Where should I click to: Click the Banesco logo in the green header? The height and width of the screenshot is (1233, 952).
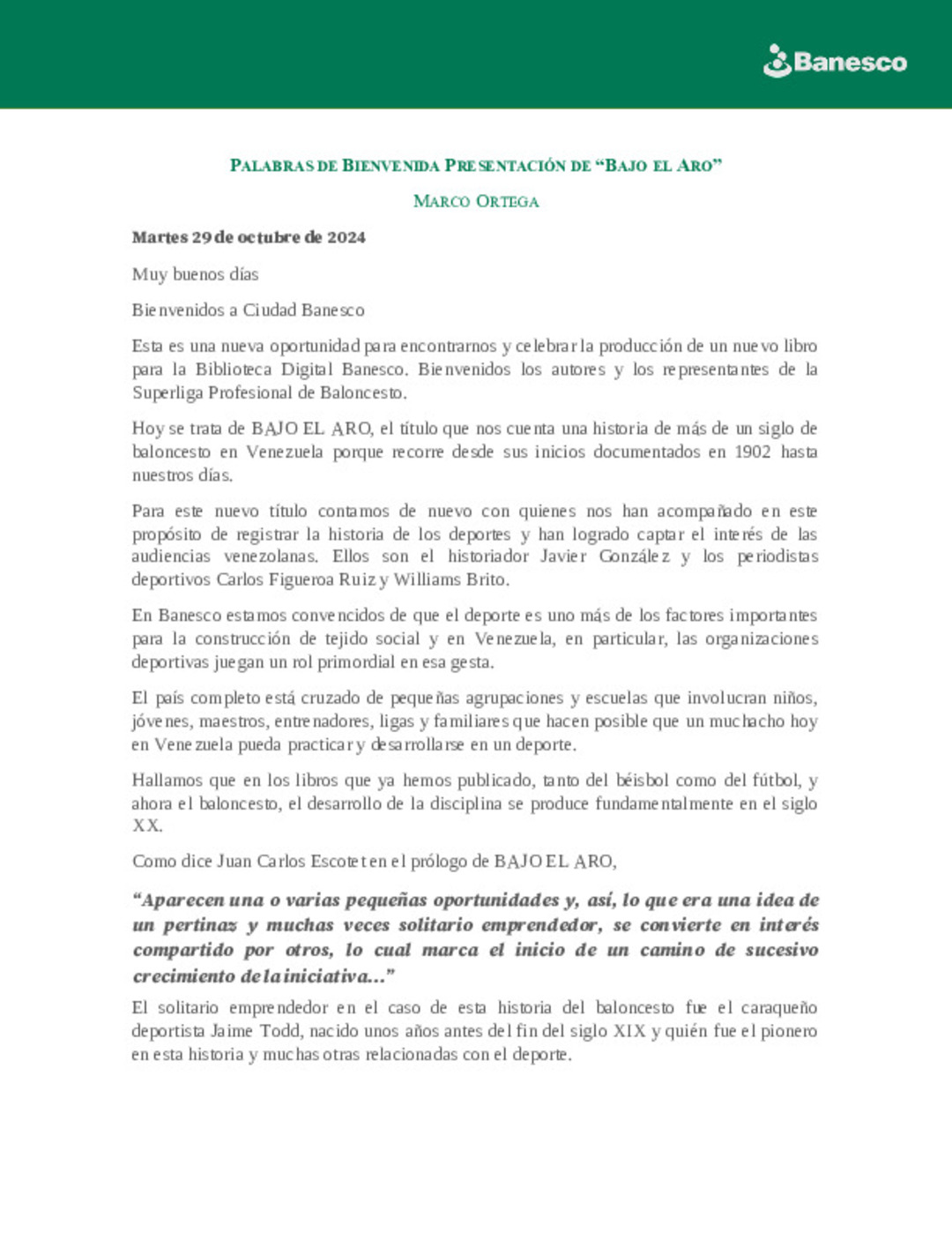tap(834, 62)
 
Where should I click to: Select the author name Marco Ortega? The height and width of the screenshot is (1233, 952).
tap(476, 202)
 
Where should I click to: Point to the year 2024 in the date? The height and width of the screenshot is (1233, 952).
tap(346, 237)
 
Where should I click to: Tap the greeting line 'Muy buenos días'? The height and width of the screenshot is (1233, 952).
tap(196, 274)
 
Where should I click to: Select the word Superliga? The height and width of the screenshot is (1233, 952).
tap(167, 392)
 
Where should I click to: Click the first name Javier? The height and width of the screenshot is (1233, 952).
tap(562, 557)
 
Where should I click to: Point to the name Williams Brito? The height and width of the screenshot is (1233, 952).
tap(450, 579)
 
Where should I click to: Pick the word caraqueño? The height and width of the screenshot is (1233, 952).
tap(779, 1008)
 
